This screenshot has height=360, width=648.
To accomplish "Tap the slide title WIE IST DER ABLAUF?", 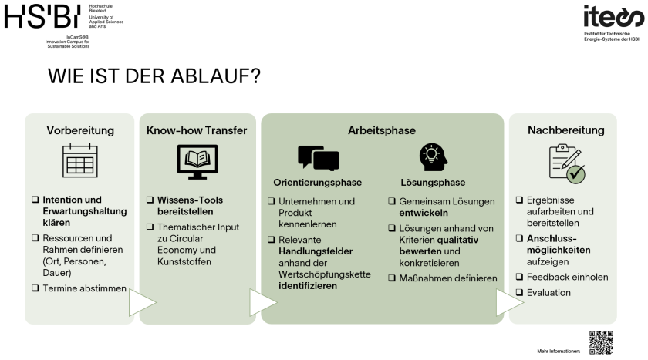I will (154, 77).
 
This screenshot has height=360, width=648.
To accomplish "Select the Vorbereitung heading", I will (80, 130).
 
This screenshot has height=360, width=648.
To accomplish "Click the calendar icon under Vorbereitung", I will (79, 162).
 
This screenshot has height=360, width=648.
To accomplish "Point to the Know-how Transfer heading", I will (197, 130).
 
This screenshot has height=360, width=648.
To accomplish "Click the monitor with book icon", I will (197, 162).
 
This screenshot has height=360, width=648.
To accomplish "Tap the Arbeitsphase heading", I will (383, 130).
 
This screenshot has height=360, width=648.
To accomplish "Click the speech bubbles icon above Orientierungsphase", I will (318, 158).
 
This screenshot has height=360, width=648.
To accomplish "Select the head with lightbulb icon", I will (433, 158).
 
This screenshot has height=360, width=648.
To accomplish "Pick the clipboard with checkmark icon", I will (565, 163).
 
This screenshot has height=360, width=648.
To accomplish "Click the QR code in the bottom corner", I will (600, 341).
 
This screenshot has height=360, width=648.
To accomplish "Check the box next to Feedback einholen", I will (519, 278).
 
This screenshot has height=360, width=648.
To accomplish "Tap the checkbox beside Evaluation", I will (519, 293).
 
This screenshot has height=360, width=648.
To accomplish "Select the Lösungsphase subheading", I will (433, 183).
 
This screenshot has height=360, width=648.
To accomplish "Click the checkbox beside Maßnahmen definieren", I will (392, 278).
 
